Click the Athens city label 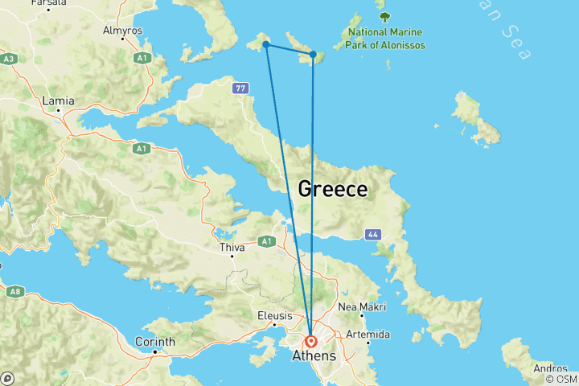(314, 355)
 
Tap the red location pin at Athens (311, 340)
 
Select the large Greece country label (333, 190)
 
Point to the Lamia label (59, 101)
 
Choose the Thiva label (232, 248)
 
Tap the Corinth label (155, 342)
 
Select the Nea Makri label (362, 307)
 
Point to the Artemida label (368, 334)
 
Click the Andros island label (550, 369)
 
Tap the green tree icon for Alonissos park (384, 16)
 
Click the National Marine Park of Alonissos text (386, 39)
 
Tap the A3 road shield (9, 59)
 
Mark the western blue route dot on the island (265, 44)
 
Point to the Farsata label (48, 3)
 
